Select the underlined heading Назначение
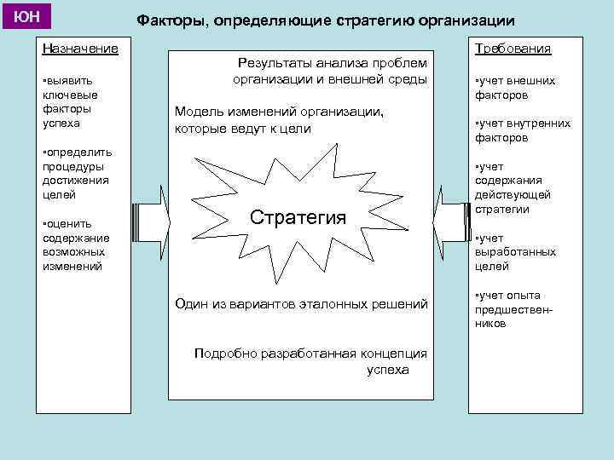[x=80, y=49]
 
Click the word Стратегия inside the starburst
[x=298, y=216]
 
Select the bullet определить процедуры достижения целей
[x=76, y=174]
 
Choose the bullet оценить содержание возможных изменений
[x=75, y=244]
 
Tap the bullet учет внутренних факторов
[x=522, y=130]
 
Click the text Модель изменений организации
[x=279, y=120]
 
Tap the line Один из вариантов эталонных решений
[x=301, y=302]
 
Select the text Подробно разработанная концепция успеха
[x=311, y=361]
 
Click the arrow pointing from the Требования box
[x=450, y=222]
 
